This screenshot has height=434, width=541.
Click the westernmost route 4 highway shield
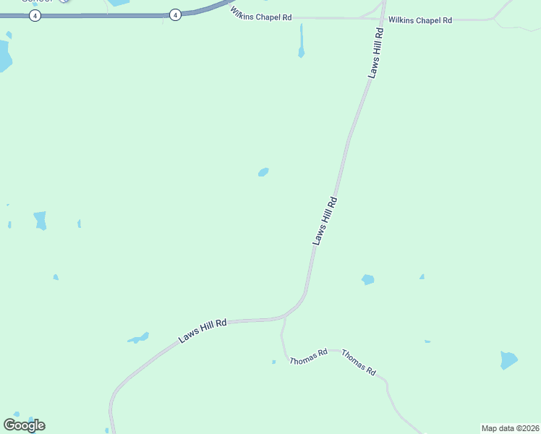point(35,15)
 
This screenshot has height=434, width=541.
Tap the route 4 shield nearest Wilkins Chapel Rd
point(175,14)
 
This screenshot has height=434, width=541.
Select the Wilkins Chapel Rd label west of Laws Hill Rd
point(261,13)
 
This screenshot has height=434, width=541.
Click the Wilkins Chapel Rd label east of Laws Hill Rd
point(419,20)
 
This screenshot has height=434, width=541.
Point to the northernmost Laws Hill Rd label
point(375,54)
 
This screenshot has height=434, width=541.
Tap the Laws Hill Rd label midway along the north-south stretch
point(325,221)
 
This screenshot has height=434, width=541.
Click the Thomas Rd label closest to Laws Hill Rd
point(308,356)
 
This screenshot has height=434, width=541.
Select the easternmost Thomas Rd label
point(359,362)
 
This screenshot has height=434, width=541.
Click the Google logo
point(25,425)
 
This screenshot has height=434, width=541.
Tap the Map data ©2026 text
point(510,428)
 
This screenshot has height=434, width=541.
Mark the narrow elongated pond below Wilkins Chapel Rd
point(301,41)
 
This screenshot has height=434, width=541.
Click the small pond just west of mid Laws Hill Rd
point(263,172)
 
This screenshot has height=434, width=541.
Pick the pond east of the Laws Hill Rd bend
point(368,279)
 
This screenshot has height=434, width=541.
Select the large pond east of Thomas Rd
point(508,359)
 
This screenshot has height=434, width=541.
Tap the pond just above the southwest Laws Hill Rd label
point(139,338)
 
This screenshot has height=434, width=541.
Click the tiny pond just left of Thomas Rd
point(273,362)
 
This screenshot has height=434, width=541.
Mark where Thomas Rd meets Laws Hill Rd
point(284,318)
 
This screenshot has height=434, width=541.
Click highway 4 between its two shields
point(105,15)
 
